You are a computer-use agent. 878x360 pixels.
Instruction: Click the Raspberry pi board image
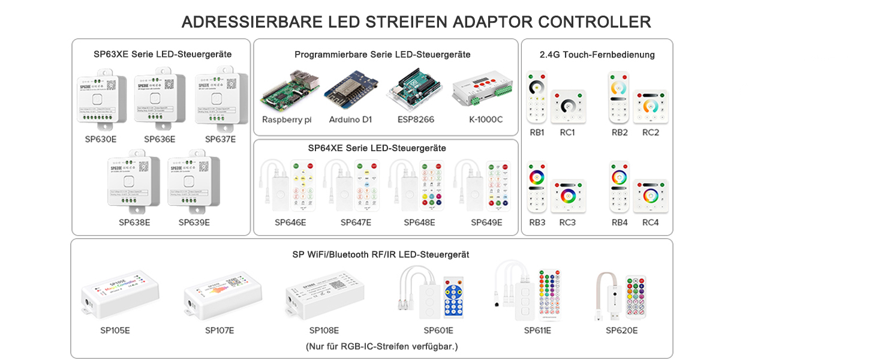(287, 92)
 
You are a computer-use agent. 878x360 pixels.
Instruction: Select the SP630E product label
(101, 139)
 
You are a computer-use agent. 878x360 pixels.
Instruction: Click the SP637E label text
(220, 139)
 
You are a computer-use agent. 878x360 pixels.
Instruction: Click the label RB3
(537, 223)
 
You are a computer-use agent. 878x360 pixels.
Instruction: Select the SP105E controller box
(120, 295)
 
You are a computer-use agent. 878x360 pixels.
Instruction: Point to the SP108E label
(324, 331)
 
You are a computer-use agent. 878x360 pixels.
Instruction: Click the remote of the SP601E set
(453, 297)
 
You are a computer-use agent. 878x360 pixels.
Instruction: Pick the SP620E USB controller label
(621, 331)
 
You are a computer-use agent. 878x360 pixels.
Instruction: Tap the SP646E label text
(290, 223)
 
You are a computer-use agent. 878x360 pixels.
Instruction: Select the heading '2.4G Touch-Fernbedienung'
(597, 55)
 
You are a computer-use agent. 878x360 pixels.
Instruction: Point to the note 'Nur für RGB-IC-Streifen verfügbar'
(381, 346)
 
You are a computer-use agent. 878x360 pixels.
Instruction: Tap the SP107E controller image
(222, 295)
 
